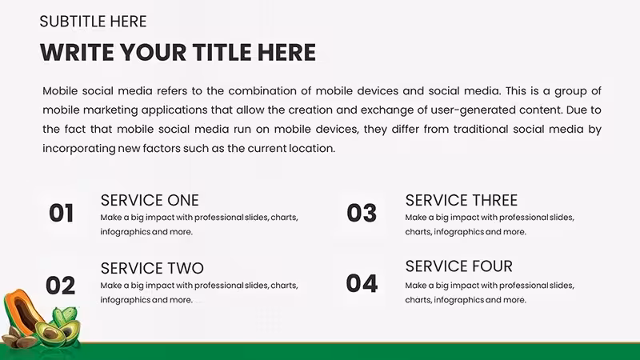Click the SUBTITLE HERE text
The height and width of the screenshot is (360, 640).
93,22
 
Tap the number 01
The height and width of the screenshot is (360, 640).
62,213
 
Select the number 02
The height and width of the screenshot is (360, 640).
61,286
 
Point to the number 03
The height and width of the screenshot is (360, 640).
362,213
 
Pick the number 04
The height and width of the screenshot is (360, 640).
362,284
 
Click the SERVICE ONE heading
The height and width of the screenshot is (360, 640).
150,201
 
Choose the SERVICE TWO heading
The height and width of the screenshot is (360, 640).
152,269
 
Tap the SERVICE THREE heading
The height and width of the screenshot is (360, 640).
462,201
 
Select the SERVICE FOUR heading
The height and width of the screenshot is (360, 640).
458,266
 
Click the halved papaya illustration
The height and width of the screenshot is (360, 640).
22,312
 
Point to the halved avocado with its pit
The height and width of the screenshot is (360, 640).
50,333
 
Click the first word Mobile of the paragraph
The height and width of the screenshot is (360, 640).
60,91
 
